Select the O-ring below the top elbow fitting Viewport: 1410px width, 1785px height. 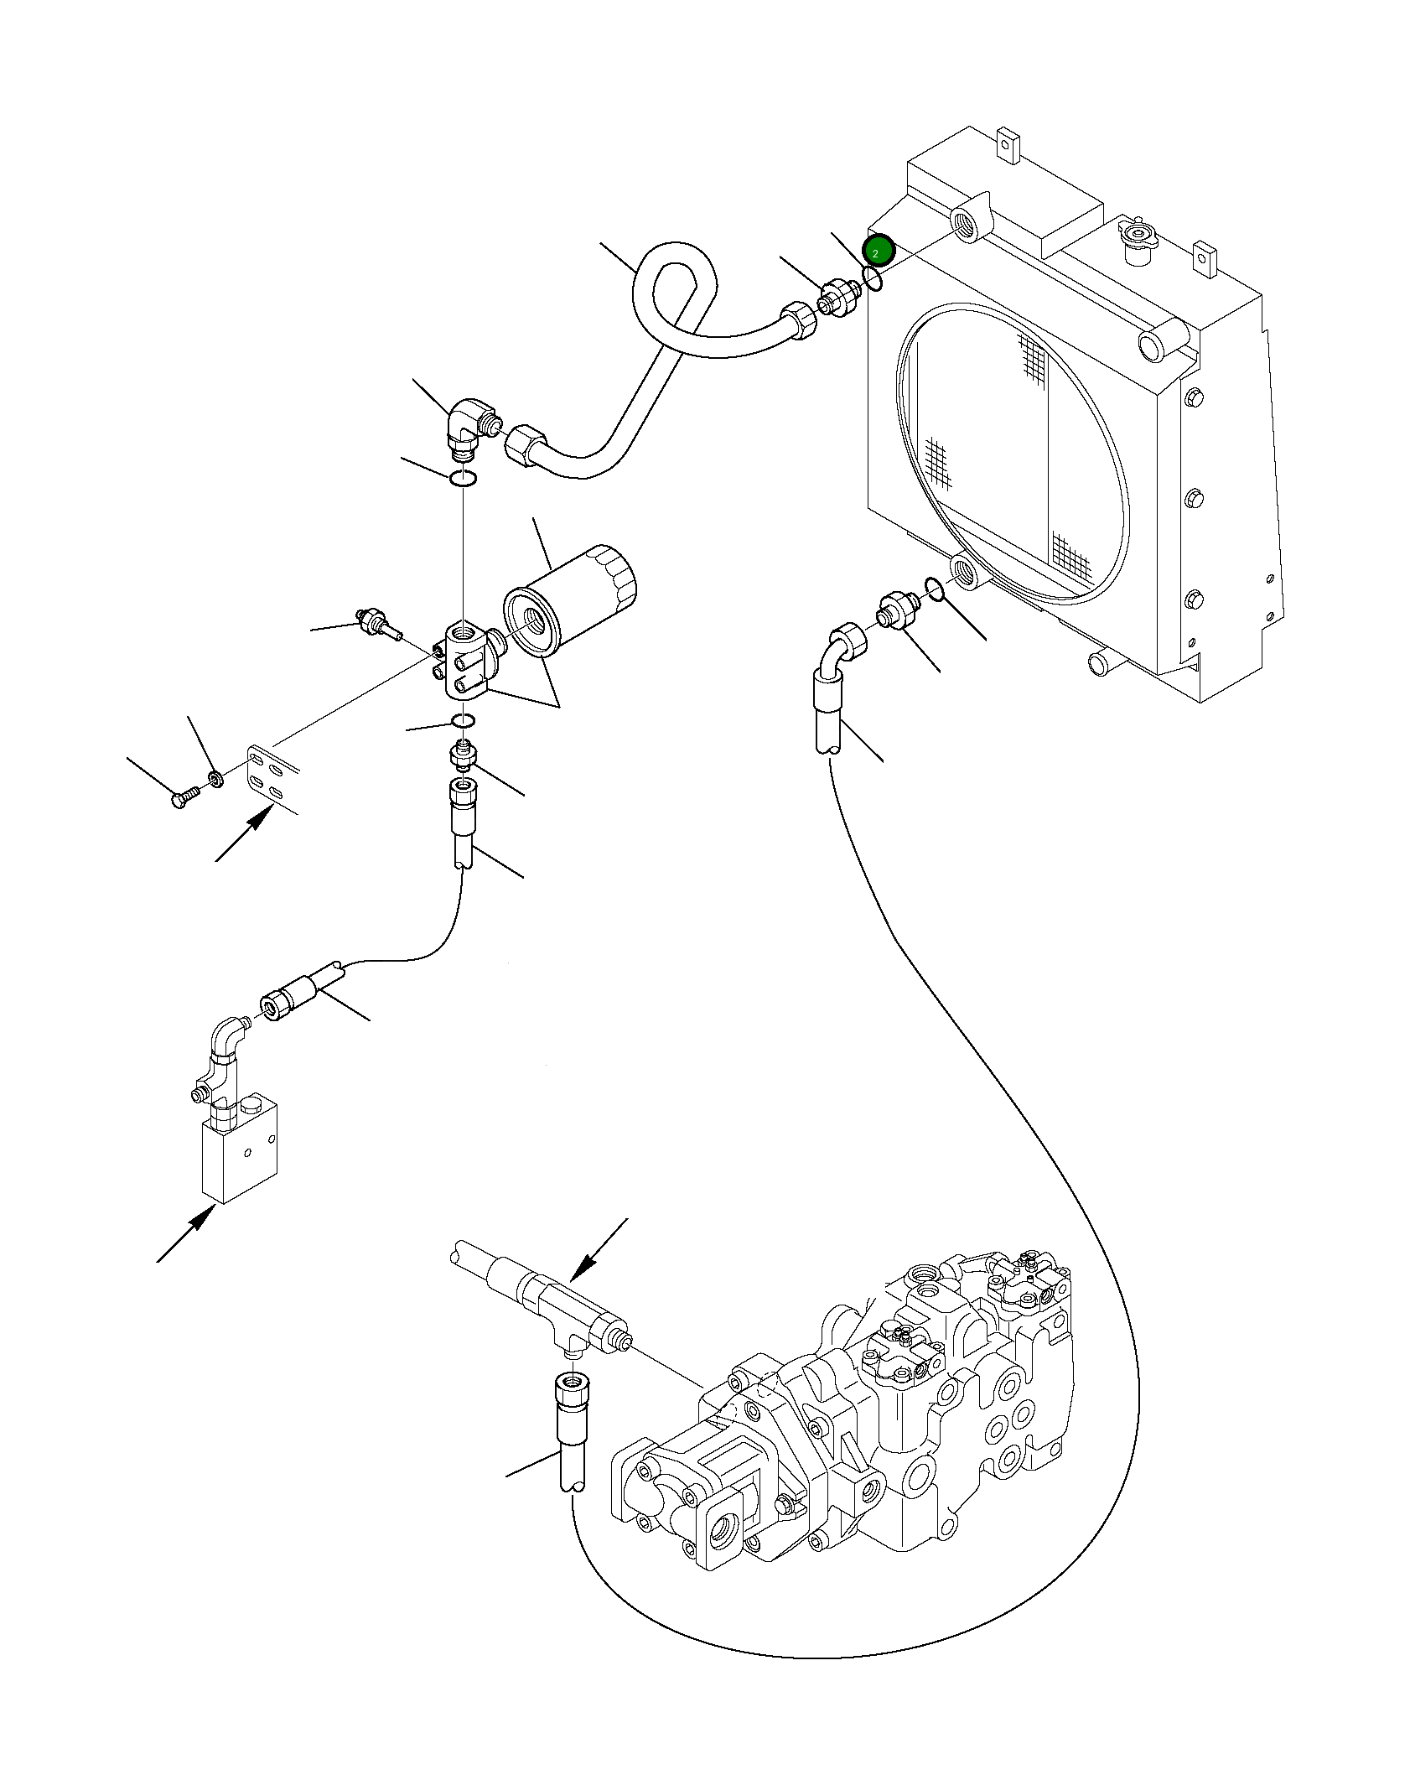point(463,480)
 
